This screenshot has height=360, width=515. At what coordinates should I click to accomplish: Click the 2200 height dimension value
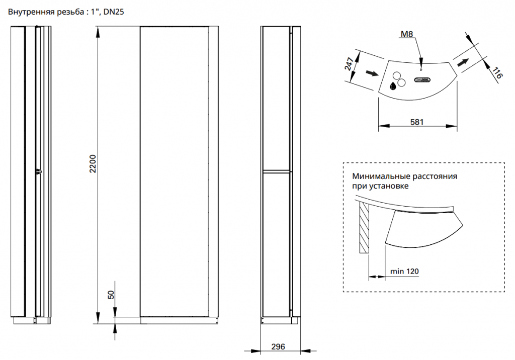point(93,163)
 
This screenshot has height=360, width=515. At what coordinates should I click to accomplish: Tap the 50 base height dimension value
point(111,295)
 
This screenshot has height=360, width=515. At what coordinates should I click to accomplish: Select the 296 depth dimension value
point(278,346)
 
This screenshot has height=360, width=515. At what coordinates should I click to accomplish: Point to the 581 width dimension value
point(417,122)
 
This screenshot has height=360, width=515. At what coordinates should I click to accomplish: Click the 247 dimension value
point(349,63)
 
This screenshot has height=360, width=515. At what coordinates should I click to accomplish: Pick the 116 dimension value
point(497,73)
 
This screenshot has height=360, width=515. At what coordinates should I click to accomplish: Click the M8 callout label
point(406,34)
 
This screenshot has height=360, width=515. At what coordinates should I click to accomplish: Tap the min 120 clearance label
point(404,272)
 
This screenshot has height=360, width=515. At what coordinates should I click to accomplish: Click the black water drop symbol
point(393,86)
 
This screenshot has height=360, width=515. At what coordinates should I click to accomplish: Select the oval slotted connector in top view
point(422,80)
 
